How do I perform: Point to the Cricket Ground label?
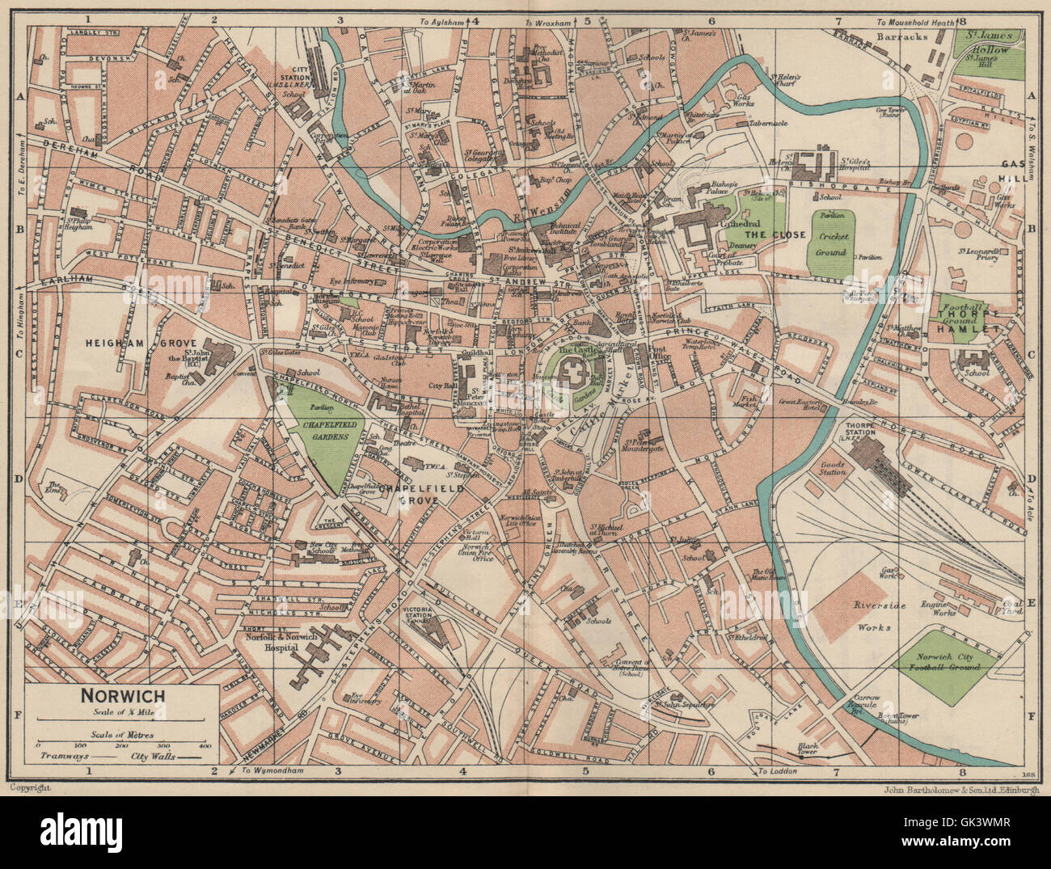tap(831, 247)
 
